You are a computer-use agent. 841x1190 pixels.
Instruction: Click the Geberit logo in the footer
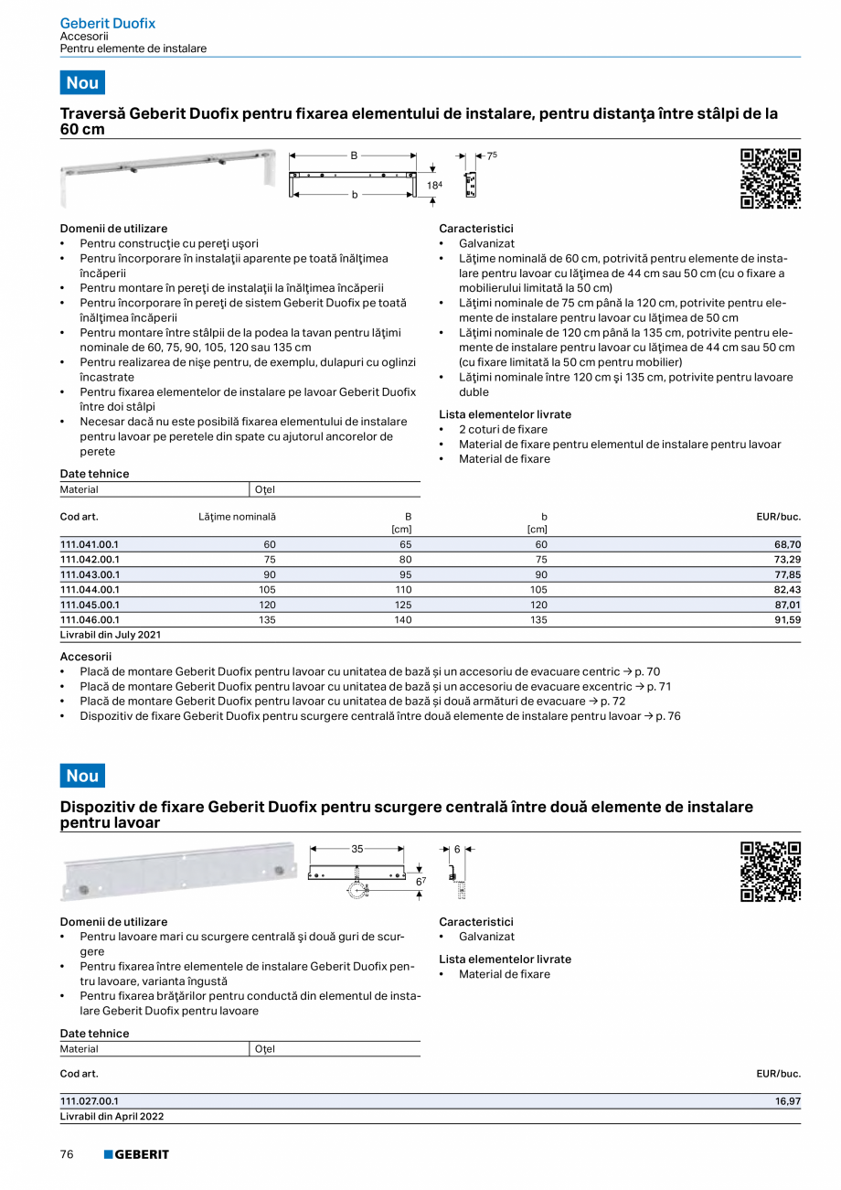click(x=136, y=1154)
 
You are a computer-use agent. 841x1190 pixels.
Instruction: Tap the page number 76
click(x=67, y=1154)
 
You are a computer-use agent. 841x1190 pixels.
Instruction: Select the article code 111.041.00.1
click(x=89, y=544)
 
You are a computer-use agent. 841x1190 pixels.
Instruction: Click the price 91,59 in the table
click(x=787, y=619)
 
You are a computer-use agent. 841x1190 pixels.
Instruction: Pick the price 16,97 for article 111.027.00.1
click(x=787, y=1101)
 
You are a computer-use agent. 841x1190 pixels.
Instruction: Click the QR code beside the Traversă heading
click(x=770, y=178)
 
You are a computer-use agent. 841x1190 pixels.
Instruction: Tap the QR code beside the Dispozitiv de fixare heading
click(x=770, y=872)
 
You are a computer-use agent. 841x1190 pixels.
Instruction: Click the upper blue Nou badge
click(x=82, y=82)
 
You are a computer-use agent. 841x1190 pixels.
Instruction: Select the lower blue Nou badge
click(x=82, y=776)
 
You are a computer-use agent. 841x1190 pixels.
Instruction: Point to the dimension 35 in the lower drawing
click(x=357, y=849)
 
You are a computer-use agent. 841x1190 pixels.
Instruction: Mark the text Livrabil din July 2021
click(x=110, y=634)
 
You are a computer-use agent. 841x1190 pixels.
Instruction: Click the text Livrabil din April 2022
click(x=112, y=1116)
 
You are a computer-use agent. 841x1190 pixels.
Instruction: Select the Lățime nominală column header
click(x=237, y=517)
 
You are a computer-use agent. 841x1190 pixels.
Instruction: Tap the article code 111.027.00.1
click(x=89, y=1101)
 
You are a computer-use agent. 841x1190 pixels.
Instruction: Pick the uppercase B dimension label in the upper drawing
click(x=354, y=156)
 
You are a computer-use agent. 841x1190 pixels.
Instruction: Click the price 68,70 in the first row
click(x=787, y=544)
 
